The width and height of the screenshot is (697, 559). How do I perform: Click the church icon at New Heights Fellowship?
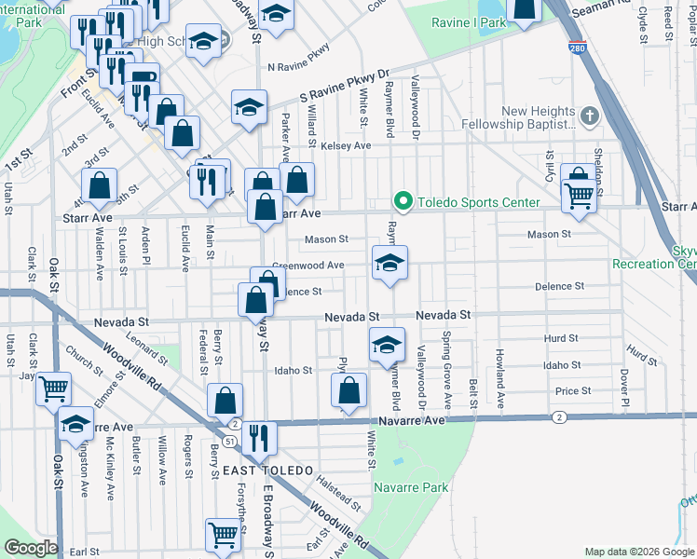(588, 116)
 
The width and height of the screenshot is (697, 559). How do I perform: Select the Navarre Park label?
(411, 487)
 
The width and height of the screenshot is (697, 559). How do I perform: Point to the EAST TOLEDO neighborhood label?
(267, 471)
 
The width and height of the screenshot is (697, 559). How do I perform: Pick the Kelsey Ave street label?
(345, 146)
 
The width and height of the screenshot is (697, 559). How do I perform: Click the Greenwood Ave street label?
(308, 266)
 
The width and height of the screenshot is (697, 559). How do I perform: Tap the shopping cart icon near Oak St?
(54, 388)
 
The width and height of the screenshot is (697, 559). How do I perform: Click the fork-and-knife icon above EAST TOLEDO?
(259, 436)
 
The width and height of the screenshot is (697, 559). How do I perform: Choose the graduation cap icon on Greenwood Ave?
(389, 262)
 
